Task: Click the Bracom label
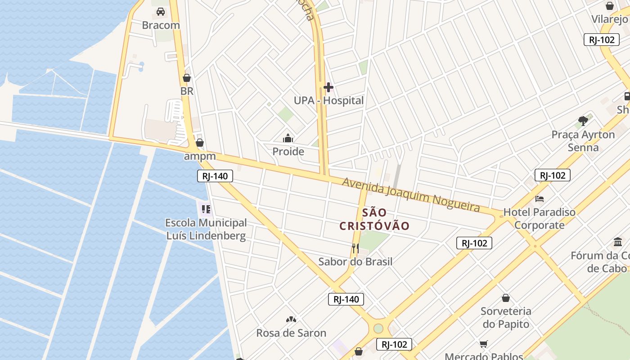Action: click(x=161, y=25)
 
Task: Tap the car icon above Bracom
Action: click(x=161, y=12)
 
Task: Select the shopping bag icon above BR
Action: click(x=187, y=78)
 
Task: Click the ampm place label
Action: click(x=200, y=157)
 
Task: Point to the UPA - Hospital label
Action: click(x=328, y=100)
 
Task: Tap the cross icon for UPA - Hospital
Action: click(x=328, y=87)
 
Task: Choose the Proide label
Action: click(x=288, y=152)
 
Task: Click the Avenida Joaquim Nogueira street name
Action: click(x=411, y=194)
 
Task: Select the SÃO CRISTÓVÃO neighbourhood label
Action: click(x=374, y=219)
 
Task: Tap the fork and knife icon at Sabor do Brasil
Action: click(x=355, y=248)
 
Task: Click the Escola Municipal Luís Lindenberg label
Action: click(x=206, y=229)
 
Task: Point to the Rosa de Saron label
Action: click(x=291, y=333)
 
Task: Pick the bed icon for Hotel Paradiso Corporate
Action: click(x=540, y=198)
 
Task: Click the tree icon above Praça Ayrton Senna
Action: click(x=583, y=121)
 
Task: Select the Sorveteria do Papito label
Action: click(x=506, y=317)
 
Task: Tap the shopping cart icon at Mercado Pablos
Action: click(x=484, y=344)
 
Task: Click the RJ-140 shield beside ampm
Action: click(x=215, y=176)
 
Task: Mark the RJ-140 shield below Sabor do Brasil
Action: click(x=346, y=299)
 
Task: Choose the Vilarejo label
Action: click(x=610, y=19)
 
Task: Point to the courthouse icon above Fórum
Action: click(x=618, y=242)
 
